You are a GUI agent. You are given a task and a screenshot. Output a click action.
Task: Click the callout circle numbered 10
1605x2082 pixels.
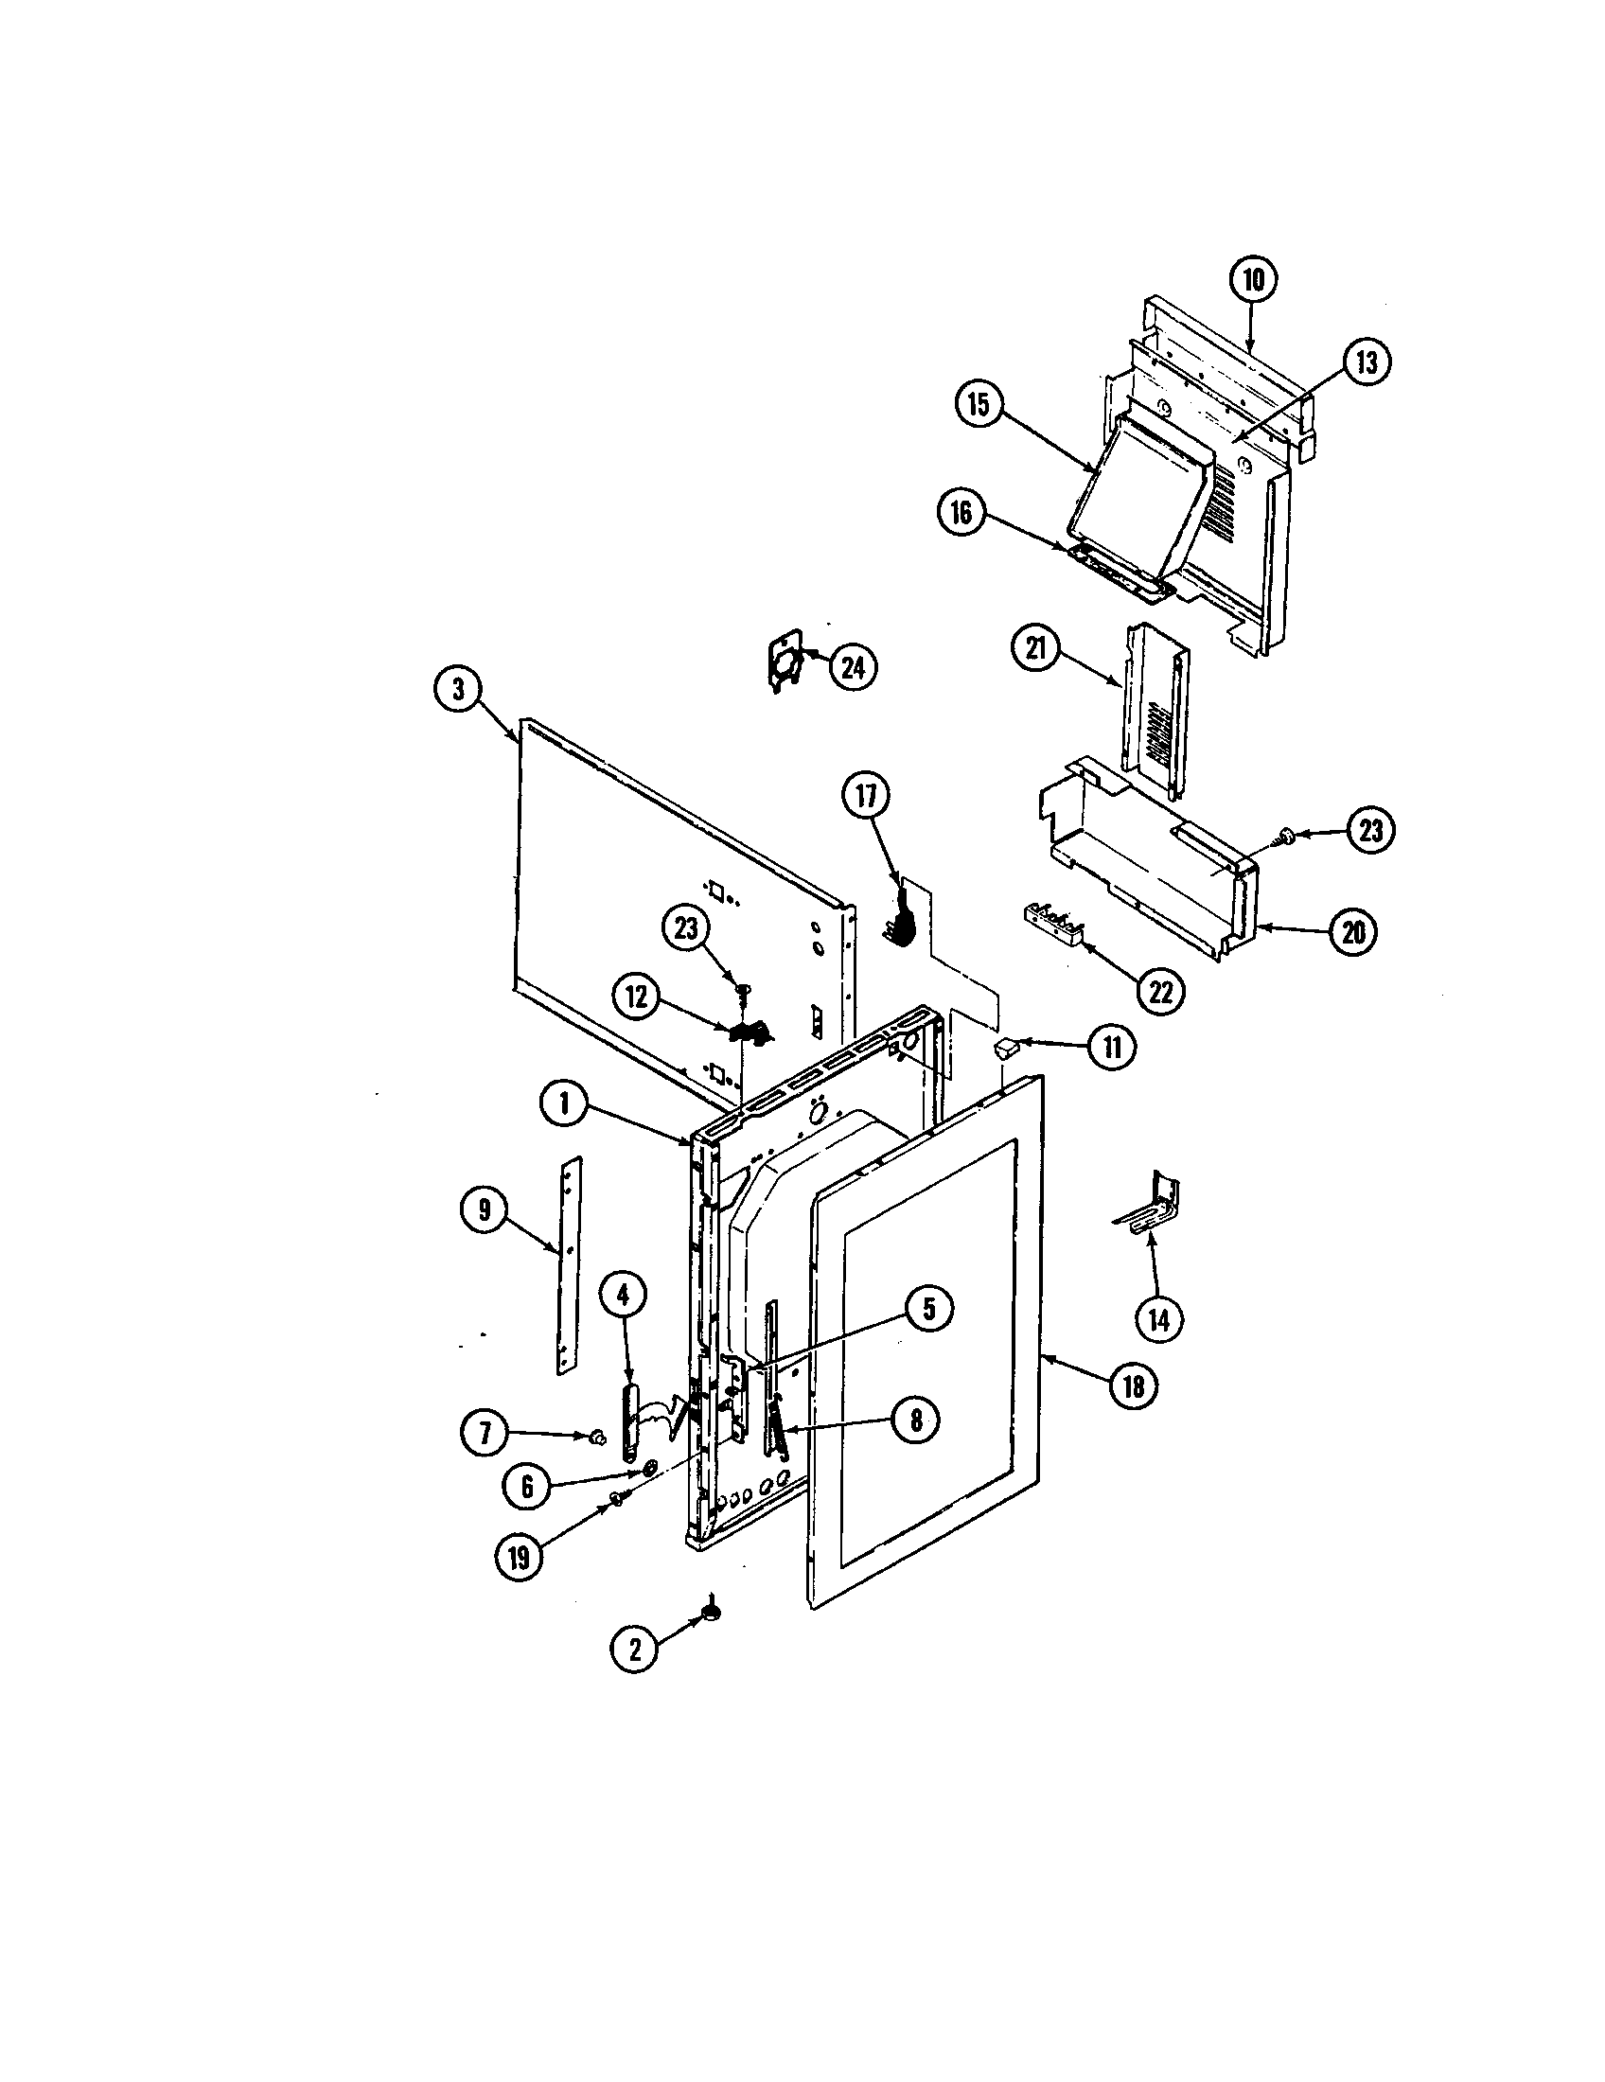1252,279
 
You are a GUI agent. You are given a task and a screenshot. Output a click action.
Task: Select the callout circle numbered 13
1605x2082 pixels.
1367,363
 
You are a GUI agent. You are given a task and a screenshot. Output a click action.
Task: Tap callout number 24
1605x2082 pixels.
852,668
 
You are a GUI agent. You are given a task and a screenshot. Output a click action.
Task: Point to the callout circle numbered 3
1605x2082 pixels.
458,689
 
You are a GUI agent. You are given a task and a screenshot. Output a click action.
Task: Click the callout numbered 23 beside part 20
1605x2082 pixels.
1369,830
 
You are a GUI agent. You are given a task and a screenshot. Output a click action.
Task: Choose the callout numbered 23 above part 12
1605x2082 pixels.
686,928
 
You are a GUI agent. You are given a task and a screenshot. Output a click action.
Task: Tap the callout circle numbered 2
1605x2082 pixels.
635,1649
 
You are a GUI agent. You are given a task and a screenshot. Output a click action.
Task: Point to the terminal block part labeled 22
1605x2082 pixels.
1054,923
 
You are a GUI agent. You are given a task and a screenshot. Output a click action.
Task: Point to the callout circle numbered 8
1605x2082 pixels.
915,1447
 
